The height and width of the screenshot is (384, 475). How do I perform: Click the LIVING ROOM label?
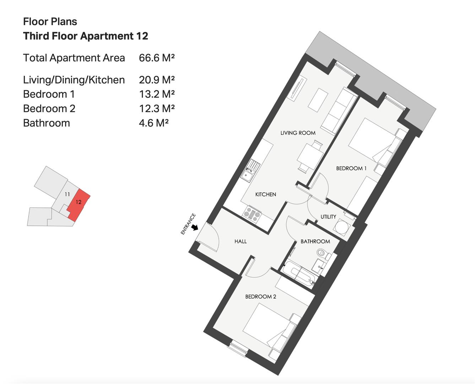pos(298,133)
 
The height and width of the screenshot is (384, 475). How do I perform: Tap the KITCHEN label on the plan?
pos(266,194)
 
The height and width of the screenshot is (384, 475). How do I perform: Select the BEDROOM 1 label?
pos(351,169)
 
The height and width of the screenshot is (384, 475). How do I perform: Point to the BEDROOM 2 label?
pos(261,297)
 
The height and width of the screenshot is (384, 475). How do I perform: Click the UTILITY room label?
pos(328,217)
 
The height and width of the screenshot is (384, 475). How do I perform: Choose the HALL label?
pos(241,241)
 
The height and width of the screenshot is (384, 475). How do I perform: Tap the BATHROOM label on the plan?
pos(315,241)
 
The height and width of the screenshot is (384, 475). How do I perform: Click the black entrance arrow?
pos(195,227)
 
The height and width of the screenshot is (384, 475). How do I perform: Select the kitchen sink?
pos(250,171)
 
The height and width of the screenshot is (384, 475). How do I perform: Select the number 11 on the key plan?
pos(68,194)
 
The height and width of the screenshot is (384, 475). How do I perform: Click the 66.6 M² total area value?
pos(157,58)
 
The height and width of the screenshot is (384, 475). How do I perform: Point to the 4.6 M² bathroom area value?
pos(153,123)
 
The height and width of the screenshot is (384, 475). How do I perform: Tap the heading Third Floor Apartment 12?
pos(85,36)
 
